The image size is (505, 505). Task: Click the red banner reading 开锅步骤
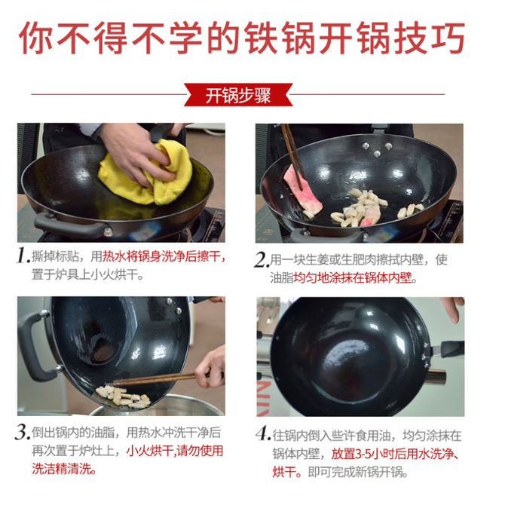pyautogui.click(x=238, y=95)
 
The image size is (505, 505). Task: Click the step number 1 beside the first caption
pyautogui.click(x=23, y=256)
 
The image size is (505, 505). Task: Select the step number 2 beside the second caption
pyautogui.click(x=262, y=259)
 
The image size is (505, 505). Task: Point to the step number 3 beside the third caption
pyautogui.click(x=23, y=432)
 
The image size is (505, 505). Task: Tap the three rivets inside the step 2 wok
pyautogui.click(x=377, y=149)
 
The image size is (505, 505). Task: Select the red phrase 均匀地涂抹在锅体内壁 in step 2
pyautogui.click(x=353, y=277)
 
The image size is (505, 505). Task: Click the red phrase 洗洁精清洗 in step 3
pyautogui.click(x=61, y=469)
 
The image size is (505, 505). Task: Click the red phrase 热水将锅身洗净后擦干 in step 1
pyautogui.click(x=162, y=257)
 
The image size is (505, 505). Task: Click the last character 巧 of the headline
pyautogui.click(x=448, y=38)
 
